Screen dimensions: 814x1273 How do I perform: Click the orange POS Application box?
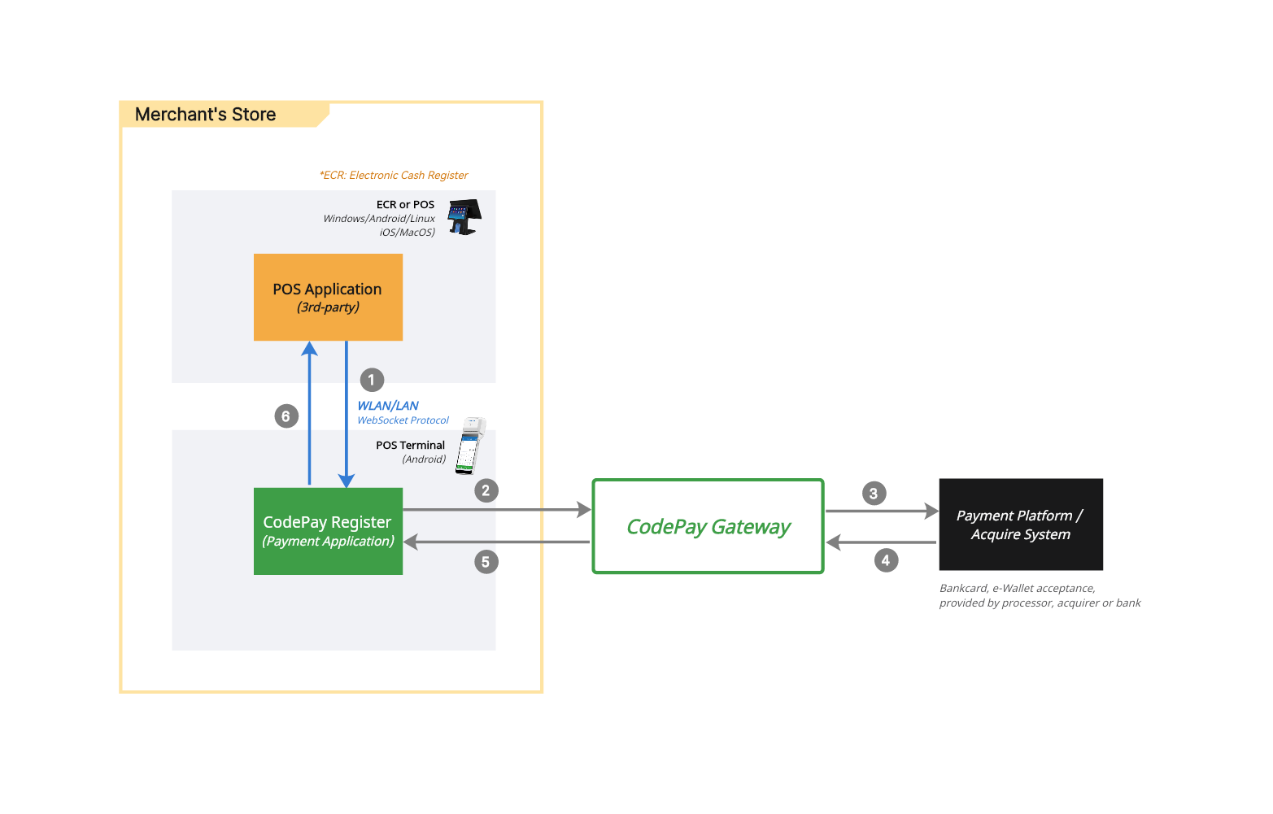pos(328,297)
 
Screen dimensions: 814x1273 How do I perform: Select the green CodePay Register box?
pos(328,531)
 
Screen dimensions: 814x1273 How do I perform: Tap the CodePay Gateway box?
pos(708,526)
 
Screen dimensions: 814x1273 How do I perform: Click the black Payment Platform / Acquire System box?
pos(1020,525)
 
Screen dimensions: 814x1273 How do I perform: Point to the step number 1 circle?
pos(372,380)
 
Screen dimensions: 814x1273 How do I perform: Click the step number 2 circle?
pos(486,490)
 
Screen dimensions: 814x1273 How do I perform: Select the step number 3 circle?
pos(874,494)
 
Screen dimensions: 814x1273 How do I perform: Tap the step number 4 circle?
pos(886,560)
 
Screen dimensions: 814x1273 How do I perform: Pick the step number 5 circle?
pos(486,562)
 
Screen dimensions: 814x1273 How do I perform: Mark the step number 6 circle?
pos(286,416)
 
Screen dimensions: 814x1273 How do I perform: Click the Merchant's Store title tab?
pos(206,115)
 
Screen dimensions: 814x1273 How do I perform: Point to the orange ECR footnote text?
pos(394,175)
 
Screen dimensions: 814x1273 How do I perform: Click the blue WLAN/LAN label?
pos(388,406)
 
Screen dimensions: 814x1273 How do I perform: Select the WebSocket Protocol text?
pos(403,420)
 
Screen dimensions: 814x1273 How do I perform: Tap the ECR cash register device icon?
pos(464,216)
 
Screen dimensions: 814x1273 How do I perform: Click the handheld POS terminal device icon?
pos(469,445)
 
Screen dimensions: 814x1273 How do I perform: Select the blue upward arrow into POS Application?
pos(309,415)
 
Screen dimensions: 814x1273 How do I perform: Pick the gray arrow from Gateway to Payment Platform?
pos(881,511)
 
